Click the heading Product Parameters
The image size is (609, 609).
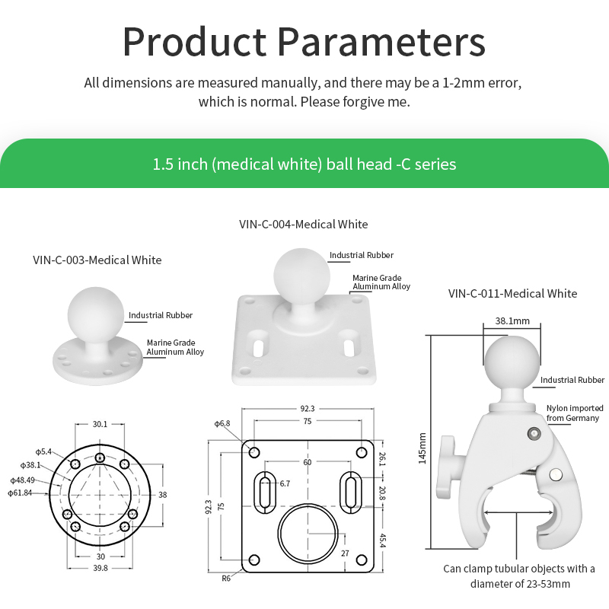[x=304, y=42]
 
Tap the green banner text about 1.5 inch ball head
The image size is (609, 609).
[x=304, y=164]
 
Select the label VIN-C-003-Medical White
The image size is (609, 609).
[x=97, y=260]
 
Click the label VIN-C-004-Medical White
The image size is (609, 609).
[x=303, y=224]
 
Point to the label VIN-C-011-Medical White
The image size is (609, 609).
[x=512, y=293]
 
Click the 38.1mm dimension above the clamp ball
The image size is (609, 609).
[x=512, y=321]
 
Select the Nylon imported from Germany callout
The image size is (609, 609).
[x=574, y=413]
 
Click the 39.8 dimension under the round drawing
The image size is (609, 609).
[x=100, y=568]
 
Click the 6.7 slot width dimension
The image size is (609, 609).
[x=285, y=483]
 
